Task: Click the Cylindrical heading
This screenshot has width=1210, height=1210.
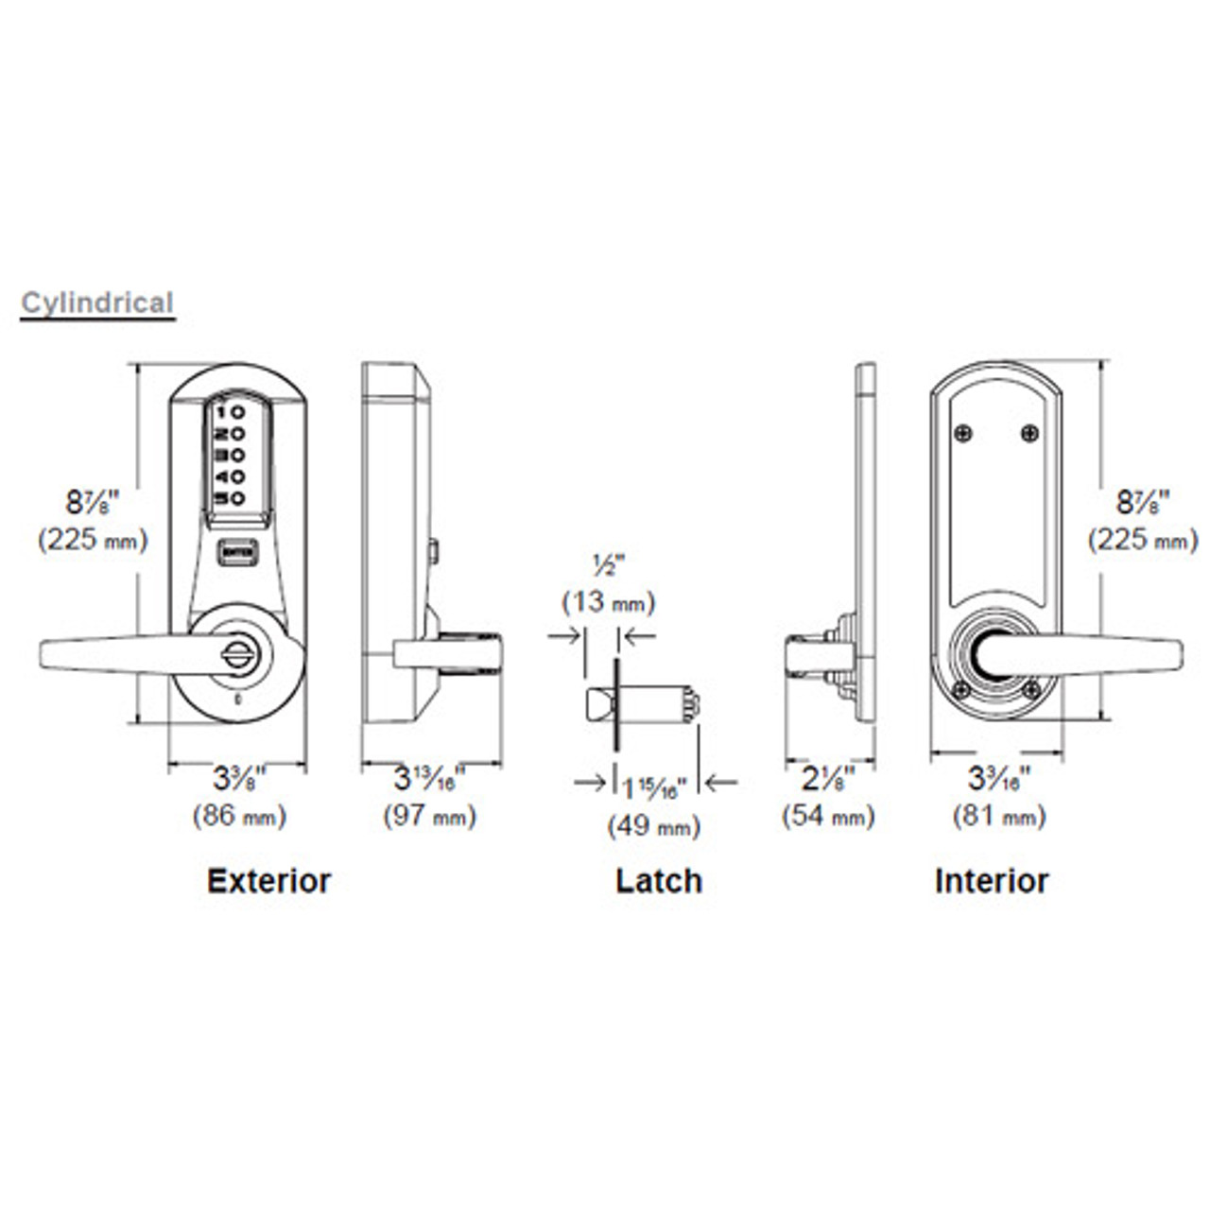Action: click(x=97, y=303)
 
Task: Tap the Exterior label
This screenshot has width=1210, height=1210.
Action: click(x=268, y=880)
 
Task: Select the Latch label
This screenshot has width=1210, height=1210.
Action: click(x=659, y=880)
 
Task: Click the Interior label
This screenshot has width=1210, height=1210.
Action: click(x=992, y=880)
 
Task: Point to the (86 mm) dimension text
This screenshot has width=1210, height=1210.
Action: click(x=239, y=815)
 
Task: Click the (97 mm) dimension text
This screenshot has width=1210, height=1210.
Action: click(x=429, y=815)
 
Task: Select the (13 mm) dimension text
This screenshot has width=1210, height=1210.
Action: click(x=609, y=601)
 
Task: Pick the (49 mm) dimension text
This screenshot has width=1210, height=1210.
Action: click(x=654, y=826)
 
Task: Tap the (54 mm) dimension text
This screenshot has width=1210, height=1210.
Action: click(x=828, y=815)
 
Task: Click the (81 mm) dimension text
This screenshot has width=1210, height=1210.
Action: click(x=999, y=815)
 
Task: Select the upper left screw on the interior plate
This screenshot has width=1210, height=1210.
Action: click(x=963, y=432)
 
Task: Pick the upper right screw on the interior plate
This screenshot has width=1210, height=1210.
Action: click(x=1029, y=432)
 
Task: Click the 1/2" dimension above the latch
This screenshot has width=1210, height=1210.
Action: click(x=602, y=566)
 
